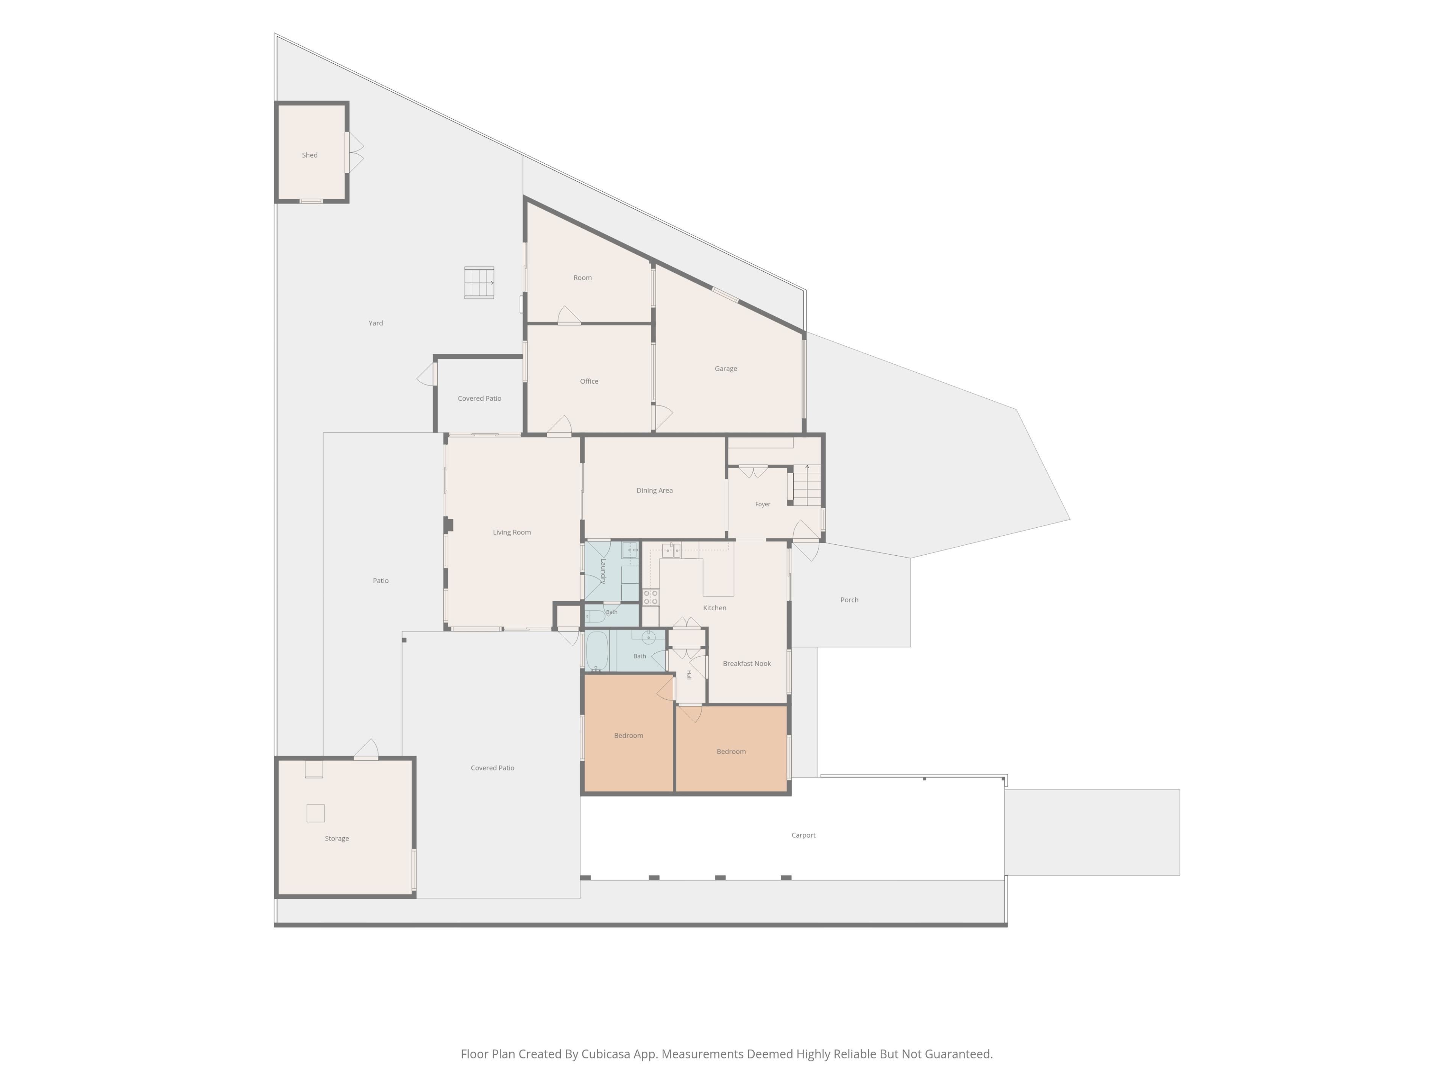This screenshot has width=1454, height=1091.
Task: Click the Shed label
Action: click(x=310, y=155)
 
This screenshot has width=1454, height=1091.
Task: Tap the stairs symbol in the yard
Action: click(x=479, y=283)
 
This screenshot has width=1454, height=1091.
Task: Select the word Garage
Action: click(x=726, y=369)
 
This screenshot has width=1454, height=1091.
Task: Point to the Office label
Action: click(x=589, y=381)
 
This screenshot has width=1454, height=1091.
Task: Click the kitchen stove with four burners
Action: click(x=651, y=597)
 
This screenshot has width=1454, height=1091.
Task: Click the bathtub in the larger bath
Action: click(x=597, y=651)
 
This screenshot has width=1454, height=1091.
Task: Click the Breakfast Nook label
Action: click(x=747, y=664)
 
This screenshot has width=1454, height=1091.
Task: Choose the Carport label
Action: click(x=803, y=835)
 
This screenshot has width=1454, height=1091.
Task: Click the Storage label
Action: click(x=337, y=838)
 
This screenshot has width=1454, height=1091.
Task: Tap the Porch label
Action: click(x=849, y=600)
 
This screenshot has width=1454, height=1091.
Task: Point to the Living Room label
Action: click(x=512, y=533)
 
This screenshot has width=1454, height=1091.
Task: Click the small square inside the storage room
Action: click(x=315, y=813)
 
